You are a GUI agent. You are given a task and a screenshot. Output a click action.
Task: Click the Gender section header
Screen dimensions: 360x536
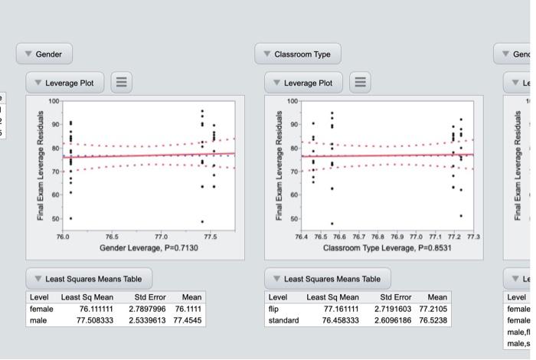pos(44,54)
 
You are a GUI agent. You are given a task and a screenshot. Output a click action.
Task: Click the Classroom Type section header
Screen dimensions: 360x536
pos(297,54)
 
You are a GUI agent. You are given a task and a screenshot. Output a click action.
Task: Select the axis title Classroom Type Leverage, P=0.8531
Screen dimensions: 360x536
pos(387,248)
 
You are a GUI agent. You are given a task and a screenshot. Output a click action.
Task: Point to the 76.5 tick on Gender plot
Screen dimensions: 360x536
pos(113,237)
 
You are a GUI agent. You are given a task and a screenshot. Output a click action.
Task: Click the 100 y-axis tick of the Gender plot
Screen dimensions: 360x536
pos(54,101)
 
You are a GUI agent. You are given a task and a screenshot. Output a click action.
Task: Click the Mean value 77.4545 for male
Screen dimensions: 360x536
pos(188,320)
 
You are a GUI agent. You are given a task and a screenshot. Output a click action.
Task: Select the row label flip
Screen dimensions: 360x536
pos(273,308)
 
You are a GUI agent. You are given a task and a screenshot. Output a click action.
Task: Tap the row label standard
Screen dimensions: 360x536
pos(283,320)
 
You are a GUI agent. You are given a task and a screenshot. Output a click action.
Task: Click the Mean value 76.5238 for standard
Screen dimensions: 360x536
pos(432,320)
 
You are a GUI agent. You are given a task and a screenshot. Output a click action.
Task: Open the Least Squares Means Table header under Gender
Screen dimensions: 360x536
pos(90,278)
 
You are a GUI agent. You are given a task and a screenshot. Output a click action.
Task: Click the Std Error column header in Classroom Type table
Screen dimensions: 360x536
pos(395,296)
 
